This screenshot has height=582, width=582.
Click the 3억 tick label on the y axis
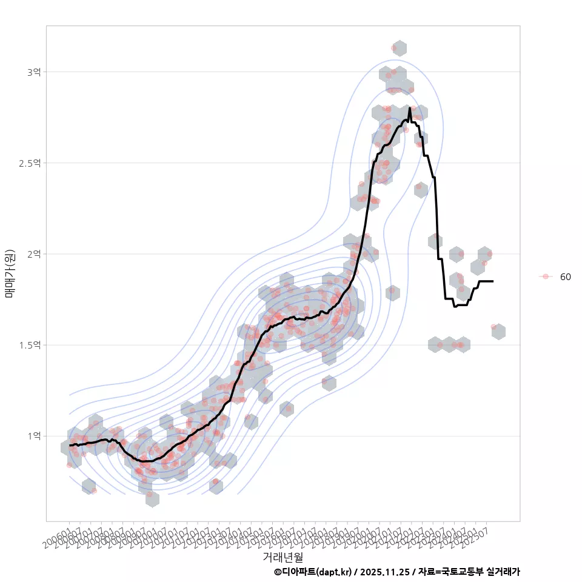pyautogui.click(x=33, y=72)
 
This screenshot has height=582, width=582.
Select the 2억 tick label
pyautogui.click(x=33, y=254)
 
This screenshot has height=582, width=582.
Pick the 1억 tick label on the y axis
pyautogui.click(x=33, y=436)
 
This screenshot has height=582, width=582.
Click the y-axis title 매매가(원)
pyautogui.click(x=10, y=273)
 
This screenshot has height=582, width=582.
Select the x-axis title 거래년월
pyautogui.click(x=283, y=557)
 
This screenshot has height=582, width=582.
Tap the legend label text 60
pyautogui.click(x=565, y=277)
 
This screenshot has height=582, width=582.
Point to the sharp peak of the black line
pyautogui.click(x=410, y=109)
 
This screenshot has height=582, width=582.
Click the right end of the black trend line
pyautogui.click(x=492, y=281)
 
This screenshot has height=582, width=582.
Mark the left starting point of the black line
pyautogui.click(x=70, y=445)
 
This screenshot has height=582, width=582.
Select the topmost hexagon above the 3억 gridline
pyautogui.click(x=399, y=48)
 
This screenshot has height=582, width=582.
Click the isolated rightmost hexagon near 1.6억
pyautogui.click(x=498, y=332)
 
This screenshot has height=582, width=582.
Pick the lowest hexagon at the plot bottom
pyautogui.click(x=152, y=499)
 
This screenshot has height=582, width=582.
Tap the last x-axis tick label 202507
pyautogui.click(x=476, y=538)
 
